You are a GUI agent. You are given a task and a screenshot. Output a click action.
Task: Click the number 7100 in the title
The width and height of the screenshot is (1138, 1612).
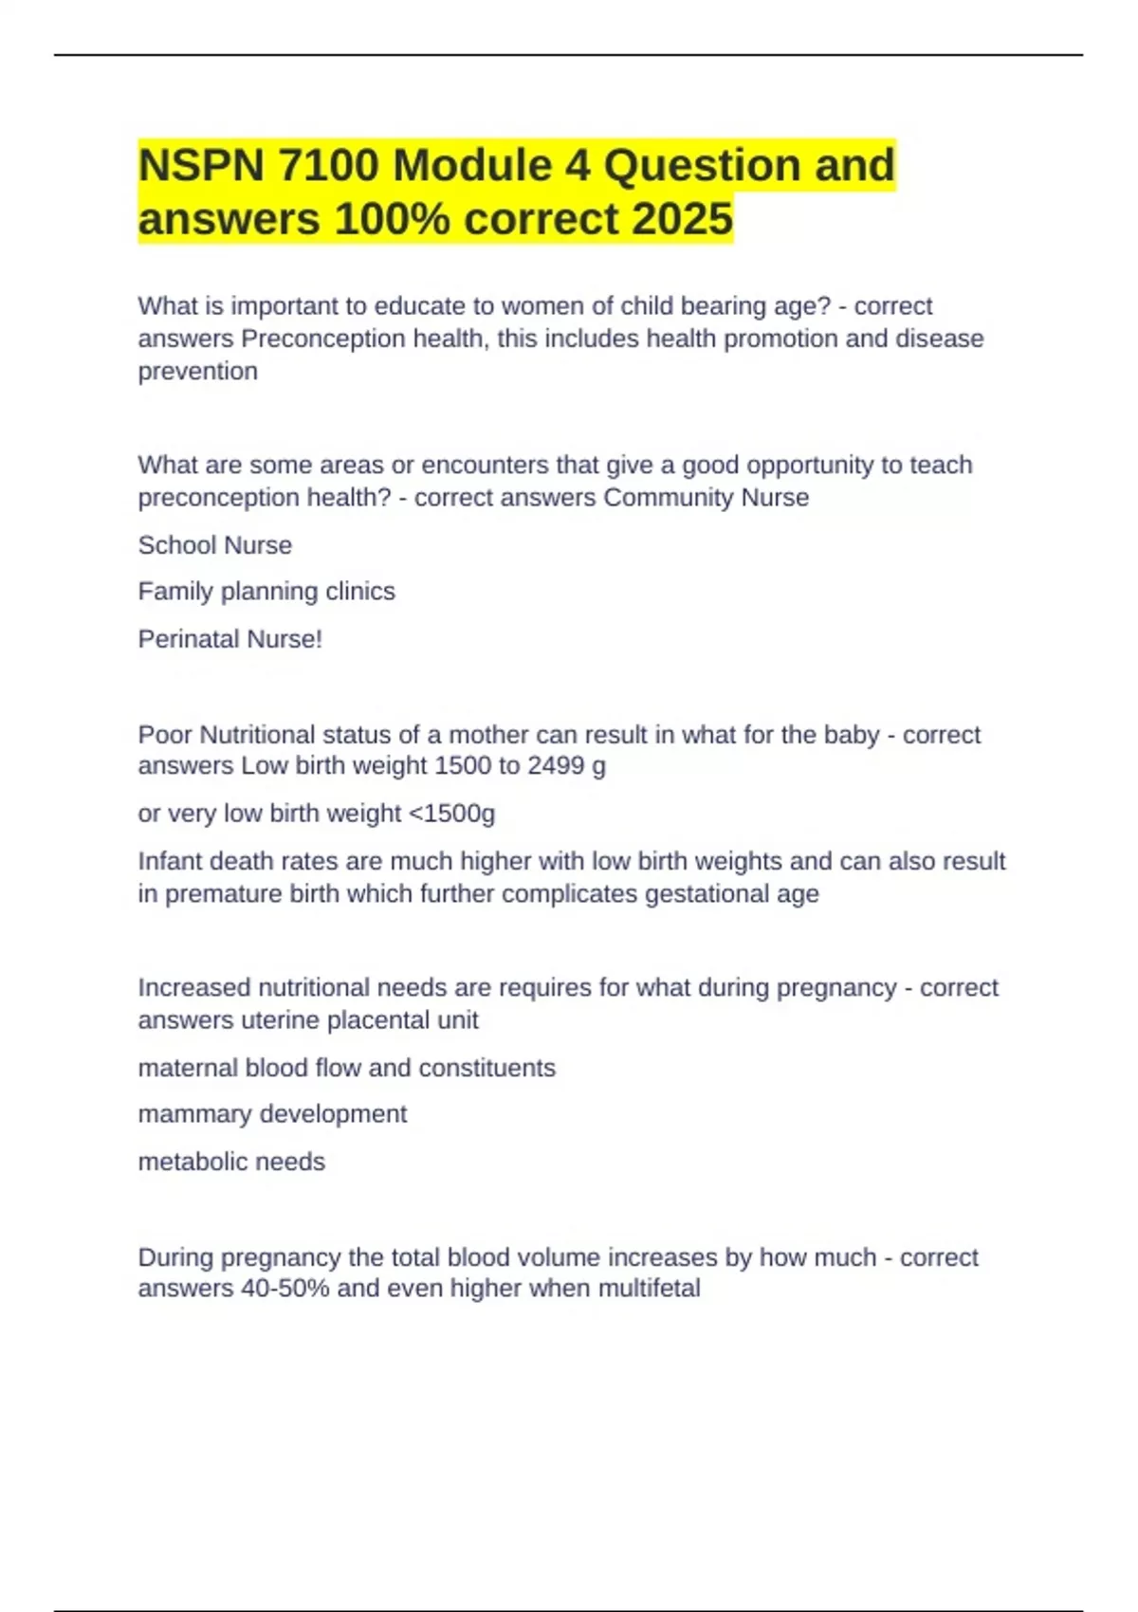328,166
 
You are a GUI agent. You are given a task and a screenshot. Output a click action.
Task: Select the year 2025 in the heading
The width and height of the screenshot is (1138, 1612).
682,219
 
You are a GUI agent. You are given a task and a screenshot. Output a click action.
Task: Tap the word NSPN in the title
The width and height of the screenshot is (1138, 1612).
201,166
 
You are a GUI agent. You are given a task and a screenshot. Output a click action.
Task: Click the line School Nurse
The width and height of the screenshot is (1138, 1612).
215,545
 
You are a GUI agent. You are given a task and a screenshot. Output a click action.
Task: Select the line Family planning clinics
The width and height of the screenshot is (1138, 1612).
266,592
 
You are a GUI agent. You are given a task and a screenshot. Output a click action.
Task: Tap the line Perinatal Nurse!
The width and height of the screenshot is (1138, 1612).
230,639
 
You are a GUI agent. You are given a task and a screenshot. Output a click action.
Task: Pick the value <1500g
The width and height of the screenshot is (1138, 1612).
450,814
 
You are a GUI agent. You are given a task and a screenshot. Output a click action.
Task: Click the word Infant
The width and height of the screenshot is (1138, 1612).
170,861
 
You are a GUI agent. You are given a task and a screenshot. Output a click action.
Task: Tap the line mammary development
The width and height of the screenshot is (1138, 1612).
272,1114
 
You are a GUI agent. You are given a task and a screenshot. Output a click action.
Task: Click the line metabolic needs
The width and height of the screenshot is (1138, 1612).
231,1162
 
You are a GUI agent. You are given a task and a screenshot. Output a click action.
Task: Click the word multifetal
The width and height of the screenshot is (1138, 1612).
649,1289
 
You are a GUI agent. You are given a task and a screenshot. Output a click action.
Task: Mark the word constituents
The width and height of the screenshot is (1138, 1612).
486,1068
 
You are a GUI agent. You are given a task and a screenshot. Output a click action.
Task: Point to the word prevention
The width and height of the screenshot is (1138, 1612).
198,372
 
